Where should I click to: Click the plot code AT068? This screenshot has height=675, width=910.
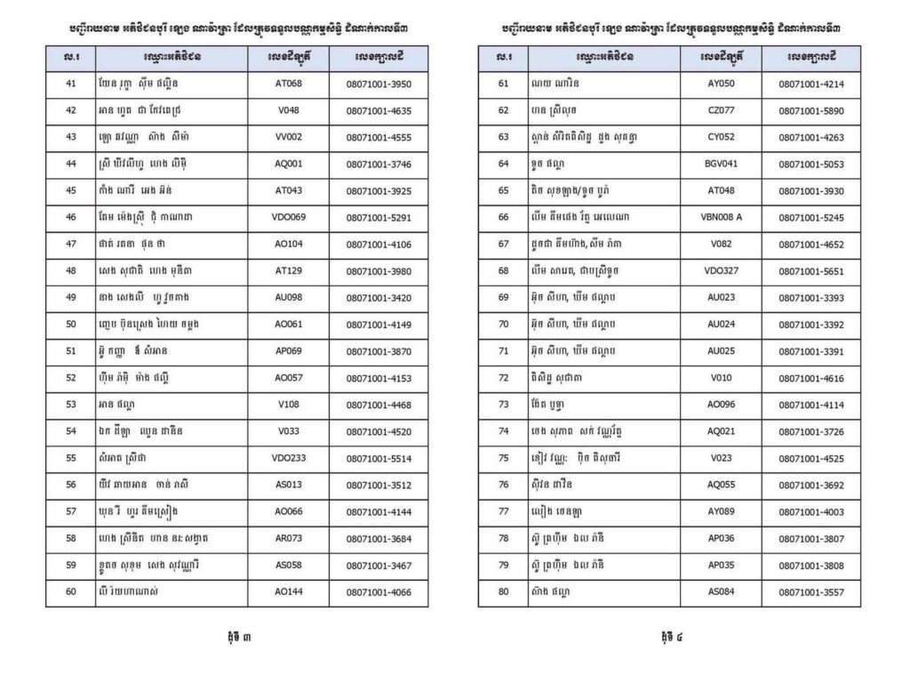tap(289, 84)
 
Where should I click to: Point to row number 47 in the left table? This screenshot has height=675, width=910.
tap(71, 245)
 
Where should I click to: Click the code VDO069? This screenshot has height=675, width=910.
tap(289, 218)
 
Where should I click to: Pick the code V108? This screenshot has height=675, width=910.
tap(289, 405)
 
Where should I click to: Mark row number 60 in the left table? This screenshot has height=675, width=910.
tap(71, 591)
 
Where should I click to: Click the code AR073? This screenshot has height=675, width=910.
tap(289, 538)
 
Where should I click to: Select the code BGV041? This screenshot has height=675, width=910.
tap(721, 165)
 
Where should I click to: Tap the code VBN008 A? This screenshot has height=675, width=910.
tap(721, 218)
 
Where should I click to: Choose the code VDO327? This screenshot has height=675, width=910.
tap(721, 271)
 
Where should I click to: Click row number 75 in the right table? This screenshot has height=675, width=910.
tap(503, 458)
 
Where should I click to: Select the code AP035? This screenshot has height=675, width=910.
tap(721, 565)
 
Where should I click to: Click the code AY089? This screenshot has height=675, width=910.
tap(721, 511)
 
